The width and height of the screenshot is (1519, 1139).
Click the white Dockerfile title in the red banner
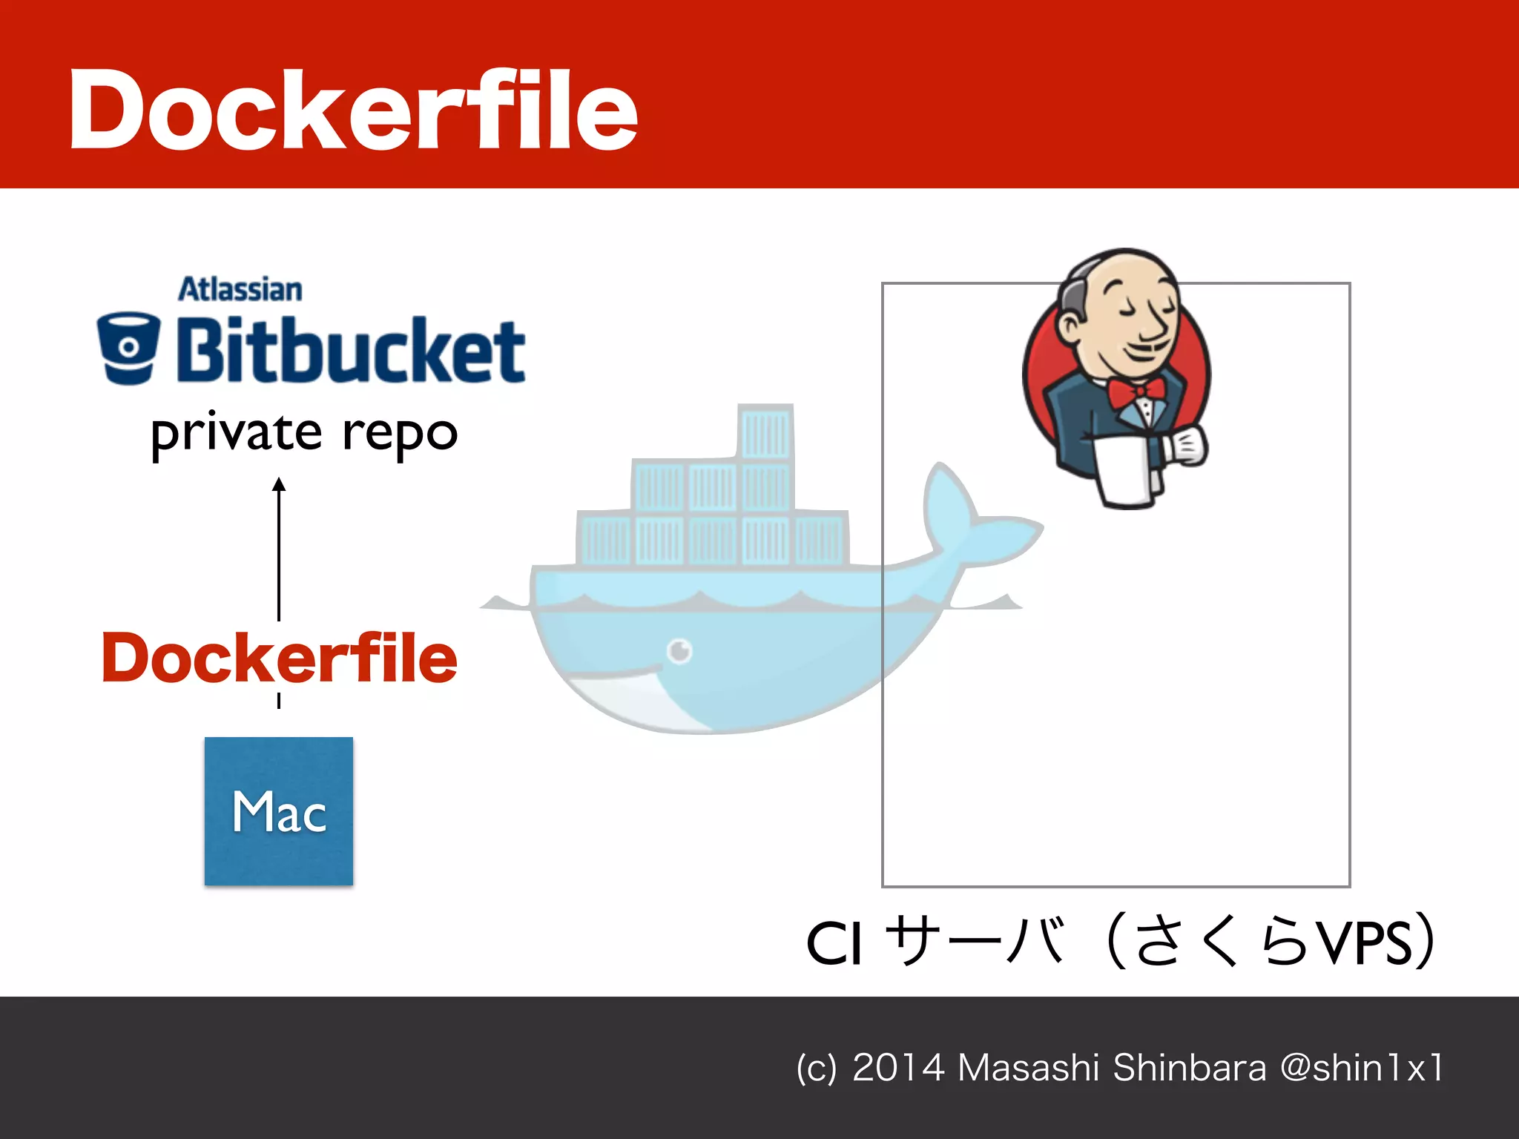353,110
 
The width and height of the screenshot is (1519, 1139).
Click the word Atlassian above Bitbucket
240,290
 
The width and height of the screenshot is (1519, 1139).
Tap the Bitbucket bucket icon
128,347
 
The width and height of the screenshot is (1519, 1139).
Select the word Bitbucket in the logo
350,350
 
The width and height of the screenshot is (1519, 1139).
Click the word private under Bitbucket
237,433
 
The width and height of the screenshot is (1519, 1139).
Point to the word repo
400,435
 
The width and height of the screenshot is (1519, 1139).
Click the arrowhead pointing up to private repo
279,485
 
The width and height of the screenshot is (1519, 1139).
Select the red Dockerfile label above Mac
279,658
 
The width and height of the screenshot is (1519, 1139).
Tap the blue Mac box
279,810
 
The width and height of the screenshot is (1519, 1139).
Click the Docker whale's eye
679,650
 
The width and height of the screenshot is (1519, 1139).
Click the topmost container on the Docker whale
766,432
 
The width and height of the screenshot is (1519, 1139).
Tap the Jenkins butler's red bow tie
1136,392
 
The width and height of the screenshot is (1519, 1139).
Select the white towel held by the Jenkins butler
1125,470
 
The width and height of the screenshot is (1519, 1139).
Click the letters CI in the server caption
834,944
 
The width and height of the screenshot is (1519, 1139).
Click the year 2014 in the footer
898,1068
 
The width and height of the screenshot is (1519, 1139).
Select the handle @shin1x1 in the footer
1362,1068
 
